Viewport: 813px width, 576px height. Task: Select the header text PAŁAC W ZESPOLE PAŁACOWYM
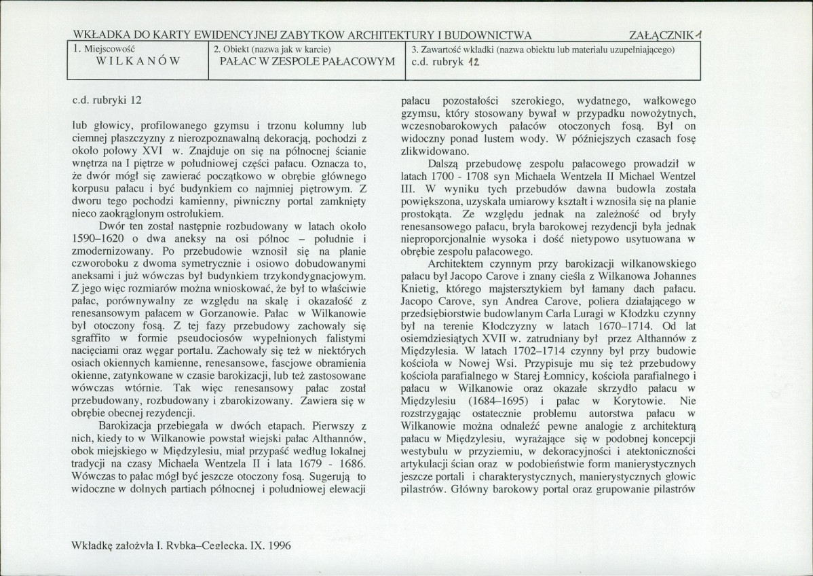coord(307,61)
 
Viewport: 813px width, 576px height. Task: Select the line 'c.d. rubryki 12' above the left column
coord(107,100)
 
